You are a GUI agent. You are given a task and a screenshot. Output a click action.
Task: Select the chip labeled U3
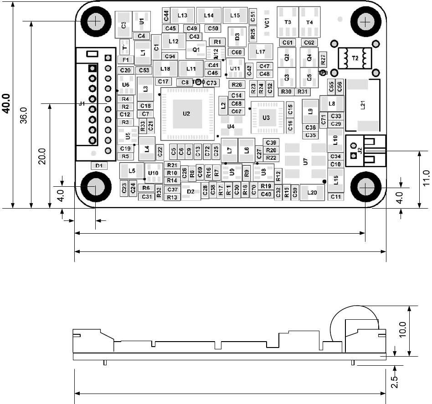pos(266,118)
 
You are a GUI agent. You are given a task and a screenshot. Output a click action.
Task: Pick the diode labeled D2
pos(191,192)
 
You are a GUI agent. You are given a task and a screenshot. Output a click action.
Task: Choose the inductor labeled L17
pos(261,52)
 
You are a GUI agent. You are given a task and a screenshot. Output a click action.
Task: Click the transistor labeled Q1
pos(196,49)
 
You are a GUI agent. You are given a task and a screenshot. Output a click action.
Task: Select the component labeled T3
pos(287,22)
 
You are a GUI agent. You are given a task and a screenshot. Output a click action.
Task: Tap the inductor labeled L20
pos(312,193)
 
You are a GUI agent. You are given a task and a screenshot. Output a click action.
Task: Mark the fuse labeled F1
pos(125,60)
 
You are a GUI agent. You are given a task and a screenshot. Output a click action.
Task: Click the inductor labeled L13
pos(182,15)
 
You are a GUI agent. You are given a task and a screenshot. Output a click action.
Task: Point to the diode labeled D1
pos(99,166)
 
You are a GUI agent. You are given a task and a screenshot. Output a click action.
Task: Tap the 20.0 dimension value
pos(42,157)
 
